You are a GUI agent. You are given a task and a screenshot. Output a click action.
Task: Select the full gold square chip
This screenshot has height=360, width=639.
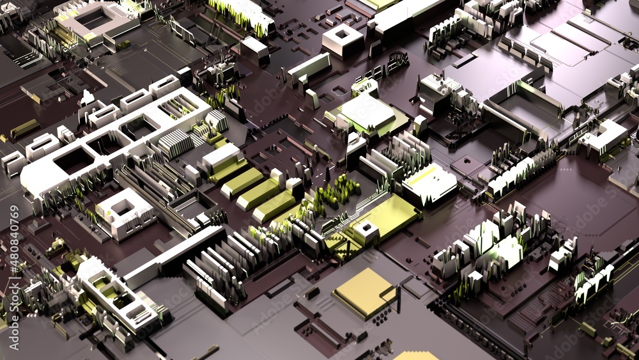point(364,292)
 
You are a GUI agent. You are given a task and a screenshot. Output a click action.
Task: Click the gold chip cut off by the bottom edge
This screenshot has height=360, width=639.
point(415,356)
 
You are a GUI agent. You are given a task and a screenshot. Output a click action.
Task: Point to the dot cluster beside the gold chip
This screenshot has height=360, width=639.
point(381,316)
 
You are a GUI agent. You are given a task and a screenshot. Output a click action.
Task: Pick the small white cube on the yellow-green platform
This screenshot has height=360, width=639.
point(366,231)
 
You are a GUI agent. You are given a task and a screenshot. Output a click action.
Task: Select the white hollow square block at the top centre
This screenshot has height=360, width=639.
point(343,38)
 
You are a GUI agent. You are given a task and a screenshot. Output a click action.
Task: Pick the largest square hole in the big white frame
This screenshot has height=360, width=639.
point(73,160)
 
